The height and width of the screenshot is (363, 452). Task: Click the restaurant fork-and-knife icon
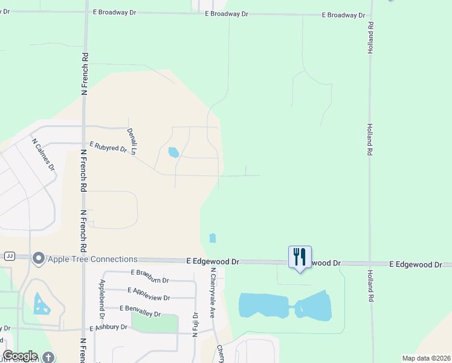tap(300, 257)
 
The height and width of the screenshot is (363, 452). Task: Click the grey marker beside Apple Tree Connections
tap(39, 259)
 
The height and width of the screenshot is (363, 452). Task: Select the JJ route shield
tap(9, 256)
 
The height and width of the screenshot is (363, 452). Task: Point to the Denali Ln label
tap(132, 141)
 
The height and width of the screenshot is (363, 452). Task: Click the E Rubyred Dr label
tap(108, 147)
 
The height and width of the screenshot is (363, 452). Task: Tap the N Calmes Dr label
tap(43, 154)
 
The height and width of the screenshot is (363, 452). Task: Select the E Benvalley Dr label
tap(140, 311)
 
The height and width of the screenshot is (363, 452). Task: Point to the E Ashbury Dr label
tap(109, 327)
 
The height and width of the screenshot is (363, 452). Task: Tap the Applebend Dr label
tap(102, 299)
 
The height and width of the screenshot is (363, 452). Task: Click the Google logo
tap(20, 356)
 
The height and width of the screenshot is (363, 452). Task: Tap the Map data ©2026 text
tap(425, 358)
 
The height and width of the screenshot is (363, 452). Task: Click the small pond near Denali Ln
tap(173, 152)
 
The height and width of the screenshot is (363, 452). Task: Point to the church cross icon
tap(48, 357)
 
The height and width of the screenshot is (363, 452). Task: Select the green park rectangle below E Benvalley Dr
tap(155, 324)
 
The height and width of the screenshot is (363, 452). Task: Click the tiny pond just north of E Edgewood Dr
tap(212, 238)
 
